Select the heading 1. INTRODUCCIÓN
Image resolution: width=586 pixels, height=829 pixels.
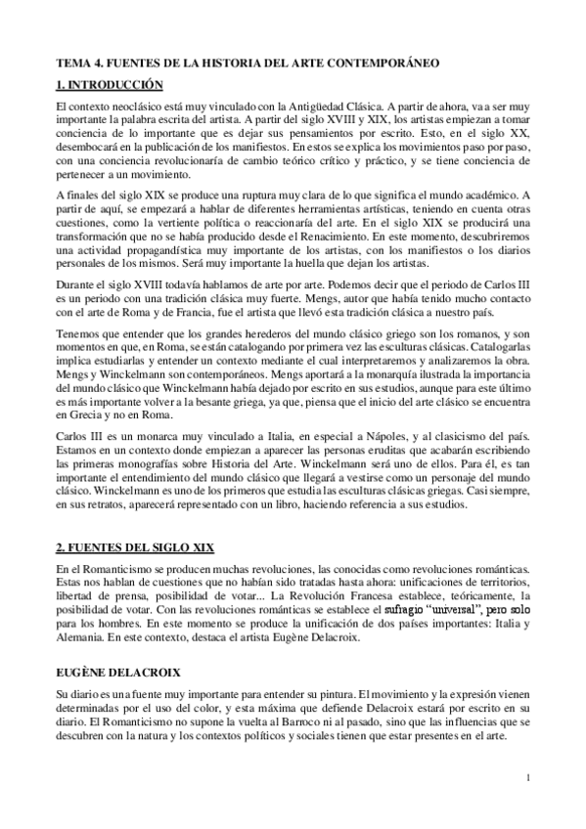110,84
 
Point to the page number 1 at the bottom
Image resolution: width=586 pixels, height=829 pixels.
527,779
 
